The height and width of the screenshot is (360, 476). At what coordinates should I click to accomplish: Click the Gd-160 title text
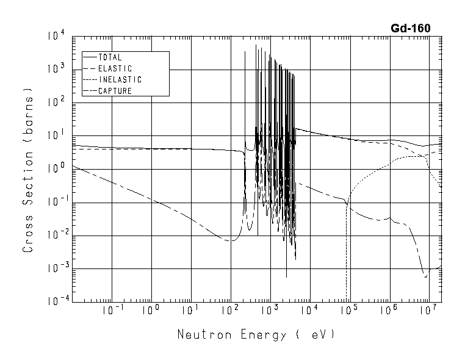tap(411, 28)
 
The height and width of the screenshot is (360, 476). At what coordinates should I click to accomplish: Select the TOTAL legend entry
tap(110, 57)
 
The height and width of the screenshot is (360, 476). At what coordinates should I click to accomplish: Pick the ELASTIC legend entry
tap(115, 68)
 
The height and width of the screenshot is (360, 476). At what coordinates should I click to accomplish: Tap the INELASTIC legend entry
tap(120, 80)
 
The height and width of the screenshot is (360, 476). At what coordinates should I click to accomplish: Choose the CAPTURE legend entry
tap(115, 91)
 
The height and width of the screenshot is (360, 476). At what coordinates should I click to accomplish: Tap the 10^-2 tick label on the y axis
tap(54, 235)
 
